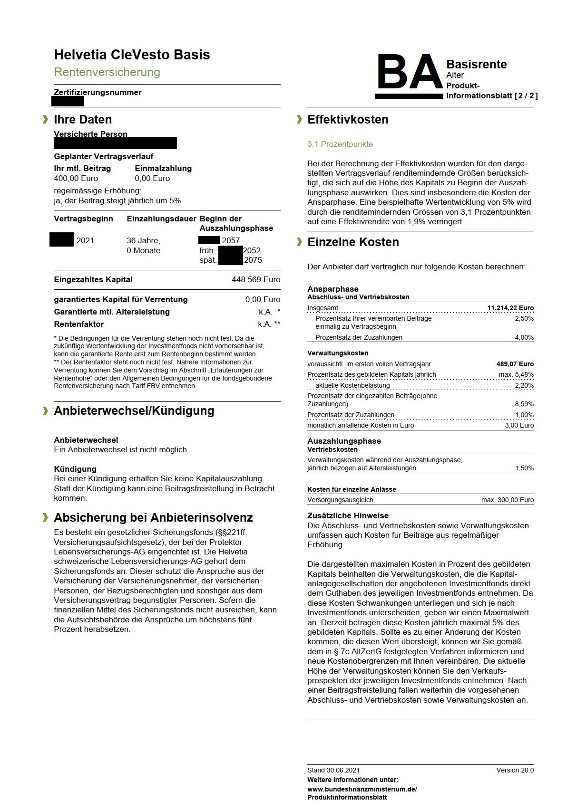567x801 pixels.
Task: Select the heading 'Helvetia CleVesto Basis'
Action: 132,55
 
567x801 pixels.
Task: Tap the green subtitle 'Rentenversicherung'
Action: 107,72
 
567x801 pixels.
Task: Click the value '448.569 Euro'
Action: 256,279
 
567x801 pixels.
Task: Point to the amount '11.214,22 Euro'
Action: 510,308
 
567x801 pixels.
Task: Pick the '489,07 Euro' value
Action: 515,364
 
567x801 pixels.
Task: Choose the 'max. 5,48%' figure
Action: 516,374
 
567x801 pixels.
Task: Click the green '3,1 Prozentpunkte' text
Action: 340,144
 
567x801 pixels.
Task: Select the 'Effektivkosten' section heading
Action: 348,120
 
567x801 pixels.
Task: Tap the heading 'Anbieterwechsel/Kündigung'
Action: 134,411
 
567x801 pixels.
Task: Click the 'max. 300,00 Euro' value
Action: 507,500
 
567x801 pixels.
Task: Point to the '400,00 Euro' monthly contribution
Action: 76,178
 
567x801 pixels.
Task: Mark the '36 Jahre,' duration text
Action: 143,240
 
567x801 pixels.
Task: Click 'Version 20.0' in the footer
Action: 515,770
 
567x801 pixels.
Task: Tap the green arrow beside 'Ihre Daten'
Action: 46,119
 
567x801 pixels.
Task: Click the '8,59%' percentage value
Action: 524,404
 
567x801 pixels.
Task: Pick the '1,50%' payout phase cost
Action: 524,468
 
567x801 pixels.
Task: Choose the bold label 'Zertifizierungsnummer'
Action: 98,92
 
